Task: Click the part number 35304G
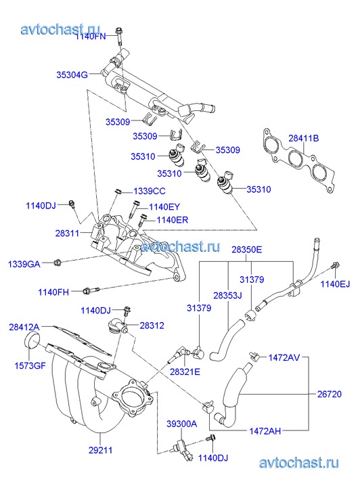click(72, 74)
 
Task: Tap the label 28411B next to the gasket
click(304, 138)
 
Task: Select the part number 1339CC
click(150, 191)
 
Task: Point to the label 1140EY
click(164, 207)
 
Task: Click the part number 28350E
click(247, 250)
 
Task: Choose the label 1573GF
click(30, 365)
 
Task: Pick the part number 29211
click(100, 450)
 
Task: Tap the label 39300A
click(182, 424)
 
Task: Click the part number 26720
click(330, 394)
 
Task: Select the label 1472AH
click(265, 431)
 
